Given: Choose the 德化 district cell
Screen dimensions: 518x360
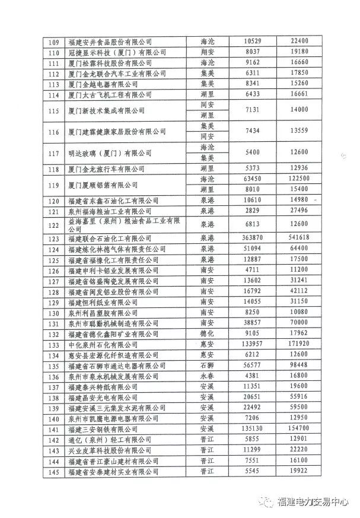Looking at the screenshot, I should (x=208, y=333).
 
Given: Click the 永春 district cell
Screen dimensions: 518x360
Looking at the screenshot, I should (x=208, y=375).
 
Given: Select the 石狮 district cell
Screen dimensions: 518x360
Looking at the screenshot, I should (x=208, y=365).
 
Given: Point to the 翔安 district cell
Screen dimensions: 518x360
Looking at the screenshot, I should (x=208, y=52).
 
